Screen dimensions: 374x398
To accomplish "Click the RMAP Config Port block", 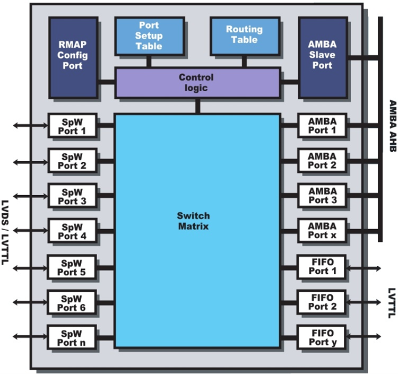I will tap(73, 57).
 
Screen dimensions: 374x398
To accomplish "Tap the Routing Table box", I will tap(244, 36).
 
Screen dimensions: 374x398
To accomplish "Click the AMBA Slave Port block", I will tap(322, 57).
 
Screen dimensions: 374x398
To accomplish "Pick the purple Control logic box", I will tap(197, 83).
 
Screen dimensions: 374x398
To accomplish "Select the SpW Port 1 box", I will tap(72, 126).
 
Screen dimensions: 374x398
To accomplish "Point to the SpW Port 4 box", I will tap(72, 231).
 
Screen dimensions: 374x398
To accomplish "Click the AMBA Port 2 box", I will tap(322, 161).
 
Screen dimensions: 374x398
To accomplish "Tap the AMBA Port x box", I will tap(322, 231).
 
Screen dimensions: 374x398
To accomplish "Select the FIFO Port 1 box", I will tap(322, 267).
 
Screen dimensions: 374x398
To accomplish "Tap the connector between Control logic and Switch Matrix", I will tap(197, 106).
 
